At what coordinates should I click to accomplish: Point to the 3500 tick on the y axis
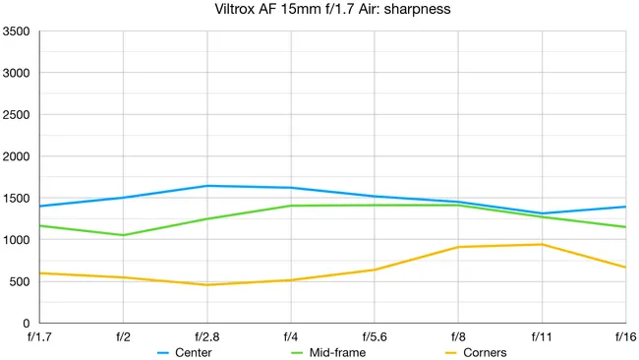18,31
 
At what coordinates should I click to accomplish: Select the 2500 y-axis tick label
18,115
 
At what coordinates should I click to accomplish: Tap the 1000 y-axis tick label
18,240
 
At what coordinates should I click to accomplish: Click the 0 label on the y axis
27,324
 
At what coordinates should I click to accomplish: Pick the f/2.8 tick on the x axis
206,336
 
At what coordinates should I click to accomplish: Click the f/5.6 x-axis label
375,336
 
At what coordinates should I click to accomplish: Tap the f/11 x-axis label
542,336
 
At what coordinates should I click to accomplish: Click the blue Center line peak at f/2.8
207,186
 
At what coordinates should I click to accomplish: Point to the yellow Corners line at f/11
542,244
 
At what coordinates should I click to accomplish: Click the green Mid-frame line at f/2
123,235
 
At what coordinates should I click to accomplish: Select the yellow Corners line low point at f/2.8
207,284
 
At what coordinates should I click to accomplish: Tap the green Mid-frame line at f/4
291,206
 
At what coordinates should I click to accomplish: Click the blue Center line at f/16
625,207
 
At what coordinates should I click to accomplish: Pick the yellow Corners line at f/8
458,247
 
